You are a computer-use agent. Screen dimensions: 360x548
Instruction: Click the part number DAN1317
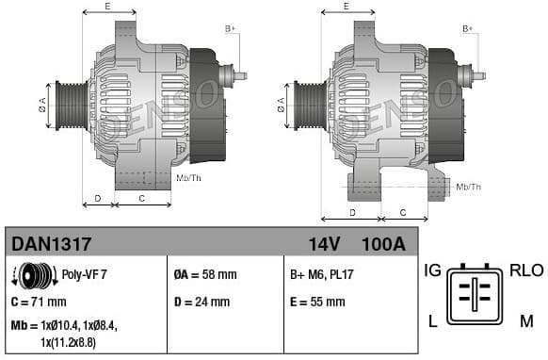click(x=52, y=244)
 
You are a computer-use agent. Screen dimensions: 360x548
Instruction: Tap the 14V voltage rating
click(x=324, y=244)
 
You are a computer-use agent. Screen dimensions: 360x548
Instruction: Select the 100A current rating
click(x=382, y=244)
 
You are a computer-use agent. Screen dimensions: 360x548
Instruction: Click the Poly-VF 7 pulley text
click(x=84, y=275)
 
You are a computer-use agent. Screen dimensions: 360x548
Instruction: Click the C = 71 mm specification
click(x=39, y=302)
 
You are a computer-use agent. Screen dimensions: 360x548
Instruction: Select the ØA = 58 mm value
click(x=205, y=275)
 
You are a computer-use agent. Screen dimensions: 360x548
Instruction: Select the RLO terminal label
click(x=526, y=270)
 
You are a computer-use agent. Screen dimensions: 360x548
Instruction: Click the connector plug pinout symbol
click(x=480, y=297)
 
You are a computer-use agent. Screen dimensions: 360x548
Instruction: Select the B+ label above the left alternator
click(x=230, y=29)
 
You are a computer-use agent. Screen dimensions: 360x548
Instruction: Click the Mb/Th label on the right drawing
click(x=468, y=187)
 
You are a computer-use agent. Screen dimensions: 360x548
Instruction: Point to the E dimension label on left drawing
click(x=107, y=7)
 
